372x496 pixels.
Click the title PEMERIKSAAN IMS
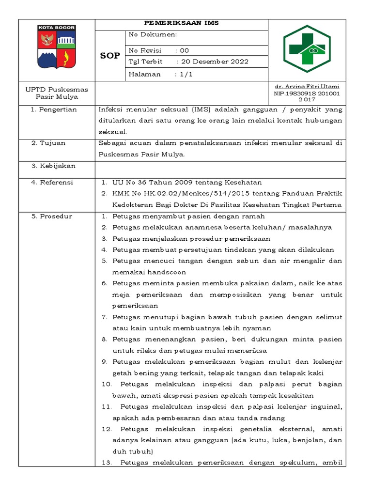[x=182, y=23]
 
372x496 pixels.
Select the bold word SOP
[x=110, y=56]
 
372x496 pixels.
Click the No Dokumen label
[x=153, y=35]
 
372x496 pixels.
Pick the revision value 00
[x=185, y=50]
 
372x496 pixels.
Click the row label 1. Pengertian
[x=54, y=109]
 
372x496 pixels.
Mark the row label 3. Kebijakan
[x=53, y=166]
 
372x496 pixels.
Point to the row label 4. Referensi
[x=52, y=183]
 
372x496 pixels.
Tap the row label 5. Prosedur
[x=51, y=217]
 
